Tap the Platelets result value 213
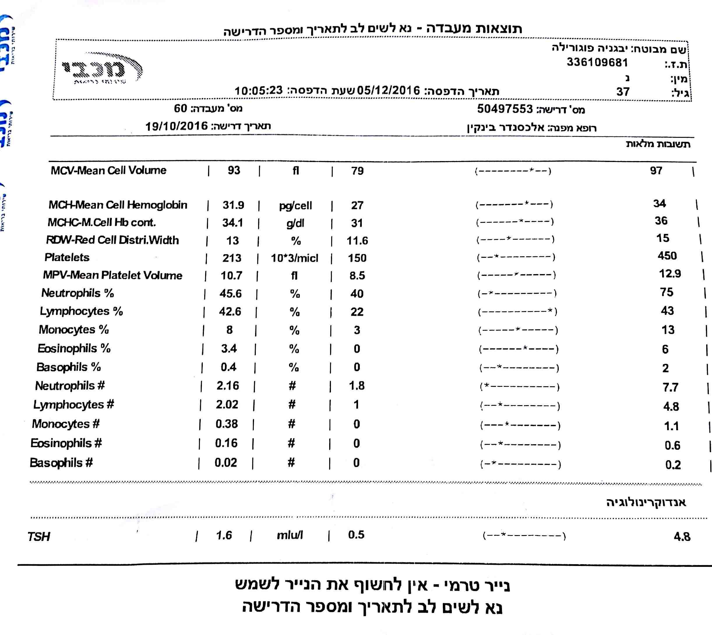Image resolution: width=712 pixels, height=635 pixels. (x=232, y=258)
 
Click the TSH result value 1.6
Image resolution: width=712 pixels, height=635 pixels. (x=224, y=535)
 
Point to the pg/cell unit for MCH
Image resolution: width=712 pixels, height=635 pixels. (x=295, y=206)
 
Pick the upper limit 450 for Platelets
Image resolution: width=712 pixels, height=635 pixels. (x=667, y=256)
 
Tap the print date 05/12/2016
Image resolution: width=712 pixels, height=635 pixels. (x=388, y=91)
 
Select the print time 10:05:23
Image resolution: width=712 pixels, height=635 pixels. (x=259, y=90)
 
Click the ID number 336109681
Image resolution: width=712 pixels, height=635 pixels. (x=597, y=62)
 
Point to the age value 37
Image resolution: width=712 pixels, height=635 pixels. (x=623, y=92)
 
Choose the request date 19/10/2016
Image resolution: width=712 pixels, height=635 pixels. (x=177, y=126)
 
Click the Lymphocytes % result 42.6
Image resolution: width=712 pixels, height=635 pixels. (x=230, y=311)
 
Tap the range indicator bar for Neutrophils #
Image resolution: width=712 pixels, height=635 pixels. (x=520, y=387)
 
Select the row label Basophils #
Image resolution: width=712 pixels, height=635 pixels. (x=61, y=463)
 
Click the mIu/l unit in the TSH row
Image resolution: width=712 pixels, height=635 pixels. (x=290, y=535)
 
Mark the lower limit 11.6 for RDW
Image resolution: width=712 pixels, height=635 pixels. (x=357, y=240)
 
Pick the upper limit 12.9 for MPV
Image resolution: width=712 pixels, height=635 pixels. (x=670, y=274)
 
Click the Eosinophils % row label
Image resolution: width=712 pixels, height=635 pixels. (x=74, y=348)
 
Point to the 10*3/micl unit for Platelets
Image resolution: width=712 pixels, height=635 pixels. (x=294, y=258)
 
